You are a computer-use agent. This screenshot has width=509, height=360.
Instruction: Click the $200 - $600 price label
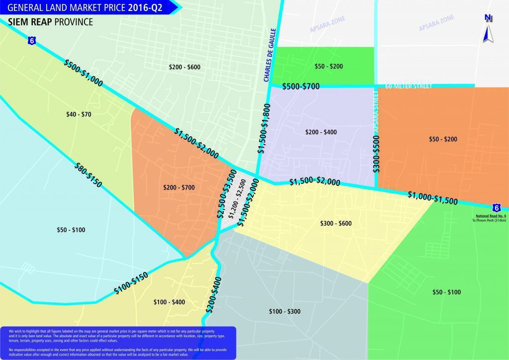(184, 67)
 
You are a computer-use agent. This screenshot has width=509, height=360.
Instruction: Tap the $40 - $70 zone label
(79, 114)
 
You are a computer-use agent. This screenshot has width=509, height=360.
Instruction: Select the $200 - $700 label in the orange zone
(179, 187)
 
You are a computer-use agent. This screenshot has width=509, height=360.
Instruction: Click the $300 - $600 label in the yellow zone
(336, 224)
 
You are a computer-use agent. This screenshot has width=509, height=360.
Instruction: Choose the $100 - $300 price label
(284, 312)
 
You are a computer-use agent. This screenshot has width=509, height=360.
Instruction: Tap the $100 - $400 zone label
(169, 302)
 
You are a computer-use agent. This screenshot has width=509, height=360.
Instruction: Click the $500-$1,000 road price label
(84, 73)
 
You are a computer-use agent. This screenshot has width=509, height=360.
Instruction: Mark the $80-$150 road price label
(87, 175)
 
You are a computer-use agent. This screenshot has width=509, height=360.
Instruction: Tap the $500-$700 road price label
(301, 87)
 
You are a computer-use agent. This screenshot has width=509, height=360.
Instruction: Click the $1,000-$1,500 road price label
(432, 198)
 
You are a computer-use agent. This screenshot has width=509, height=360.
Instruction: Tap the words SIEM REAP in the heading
(29, 22)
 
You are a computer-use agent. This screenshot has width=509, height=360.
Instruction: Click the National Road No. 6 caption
(491, 216)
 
